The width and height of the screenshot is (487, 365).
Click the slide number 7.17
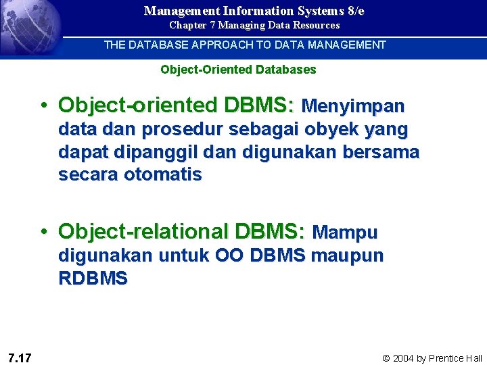20,358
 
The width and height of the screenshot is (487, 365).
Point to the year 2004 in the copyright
405,358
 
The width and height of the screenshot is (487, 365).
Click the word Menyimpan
352,106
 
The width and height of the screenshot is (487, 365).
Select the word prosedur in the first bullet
179,129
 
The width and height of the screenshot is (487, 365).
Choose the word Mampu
346,233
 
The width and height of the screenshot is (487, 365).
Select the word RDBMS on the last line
93,278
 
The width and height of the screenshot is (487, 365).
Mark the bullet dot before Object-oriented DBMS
43,106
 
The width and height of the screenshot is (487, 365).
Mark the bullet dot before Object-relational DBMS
43,232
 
